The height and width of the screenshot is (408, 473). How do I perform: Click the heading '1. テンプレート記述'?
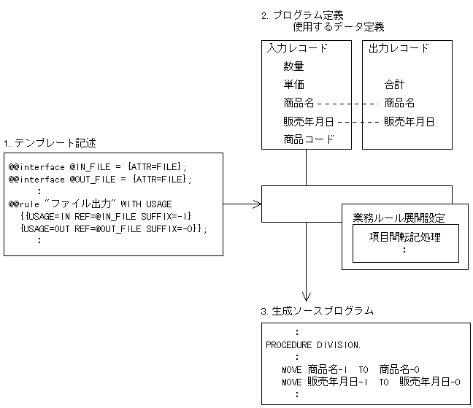[50, 142]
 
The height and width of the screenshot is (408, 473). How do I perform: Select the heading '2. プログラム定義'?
[302, 15]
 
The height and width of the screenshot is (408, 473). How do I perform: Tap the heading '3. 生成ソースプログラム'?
[317, 310]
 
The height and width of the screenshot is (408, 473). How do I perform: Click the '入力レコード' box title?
[297, 48]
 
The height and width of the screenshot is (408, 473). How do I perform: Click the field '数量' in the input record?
[294, 66]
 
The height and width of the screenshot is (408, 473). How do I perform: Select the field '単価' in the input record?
[294, 85]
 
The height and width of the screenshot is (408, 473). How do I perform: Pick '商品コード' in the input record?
[309, 139]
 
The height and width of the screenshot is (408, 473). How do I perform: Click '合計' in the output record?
[395, 85]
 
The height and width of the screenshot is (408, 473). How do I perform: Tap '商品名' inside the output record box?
[399, 103]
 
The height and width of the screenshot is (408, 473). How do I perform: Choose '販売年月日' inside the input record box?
[309, 121]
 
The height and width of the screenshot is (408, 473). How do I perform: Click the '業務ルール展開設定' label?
[399, 218]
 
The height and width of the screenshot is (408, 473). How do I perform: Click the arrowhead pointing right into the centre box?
[258, 204]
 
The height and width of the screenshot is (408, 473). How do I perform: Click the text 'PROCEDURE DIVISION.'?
[312, 344]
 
